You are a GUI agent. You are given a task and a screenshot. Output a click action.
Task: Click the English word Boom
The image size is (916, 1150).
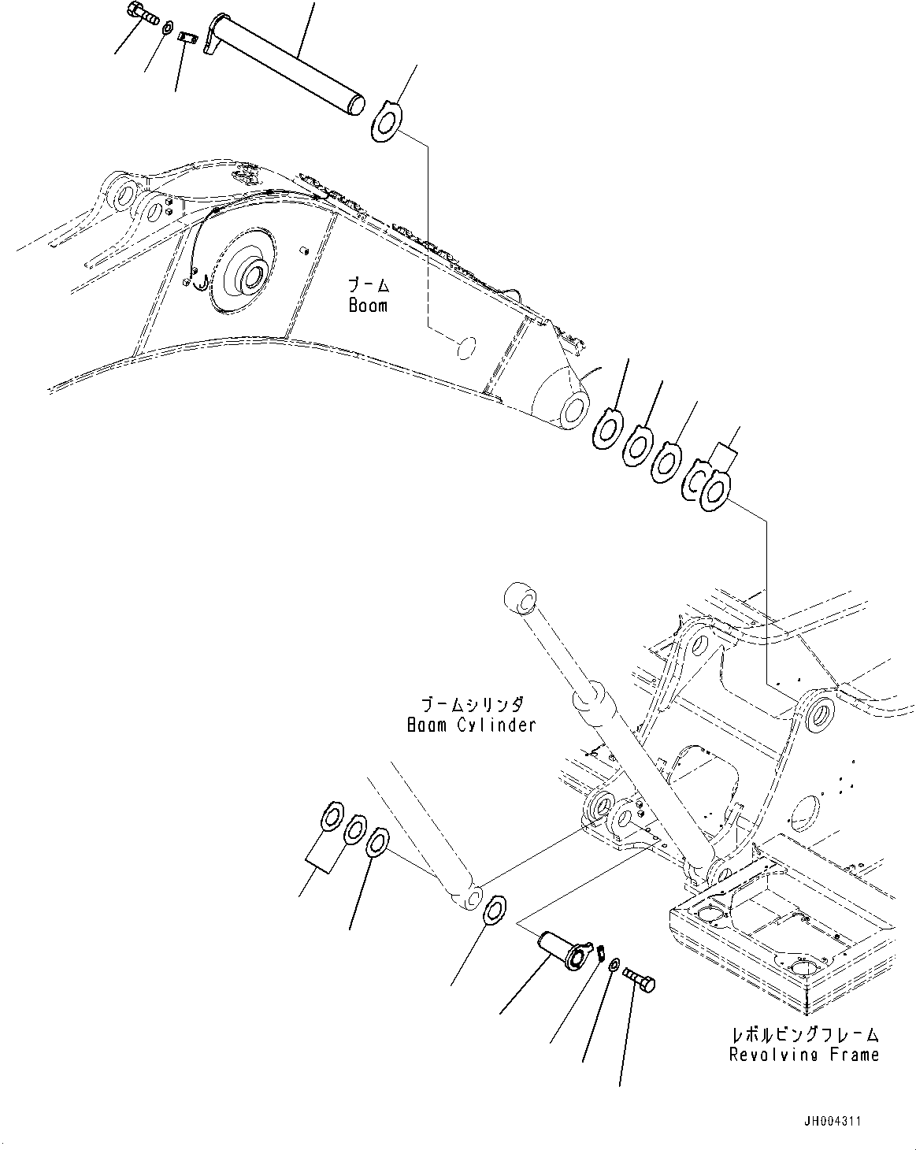[x=368, y=305]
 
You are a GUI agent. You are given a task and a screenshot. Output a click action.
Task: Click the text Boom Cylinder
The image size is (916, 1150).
[x=471, y=725]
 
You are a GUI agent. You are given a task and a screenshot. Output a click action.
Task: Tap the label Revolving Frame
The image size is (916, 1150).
[x=803, y=1054]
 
